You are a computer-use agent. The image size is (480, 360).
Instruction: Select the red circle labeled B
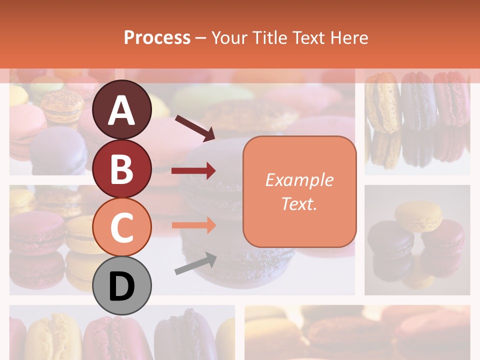click(x=121, y=169)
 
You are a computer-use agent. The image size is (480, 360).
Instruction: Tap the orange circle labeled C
click(x=121, y=227)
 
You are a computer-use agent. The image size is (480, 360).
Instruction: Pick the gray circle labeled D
click(x=121, y=286)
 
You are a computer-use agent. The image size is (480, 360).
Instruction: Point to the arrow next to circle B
click(x=193, y=171)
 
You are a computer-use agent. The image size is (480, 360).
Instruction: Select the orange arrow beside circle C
click(x=193, y=225)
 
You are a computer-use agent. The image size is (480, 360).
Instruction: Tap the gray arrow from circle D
click(x=195, y=263)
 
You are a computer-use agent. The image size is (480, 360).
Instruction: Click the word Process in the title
click(x=157, y=37)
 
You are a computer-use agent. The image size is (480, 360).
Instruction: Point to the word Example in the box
click(x=299, y=180)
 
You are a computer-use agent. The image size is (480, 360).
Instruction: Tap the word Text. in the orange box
click(x=299, y=203)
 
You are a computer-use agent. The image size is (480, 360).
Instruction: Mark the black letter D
click(x=121, y=286)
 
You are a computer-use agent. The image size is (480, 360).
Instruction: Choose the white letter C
click(x=121, y=228)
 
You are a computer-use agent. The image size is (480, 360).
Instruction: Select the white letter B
click(x=121, y=169)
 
